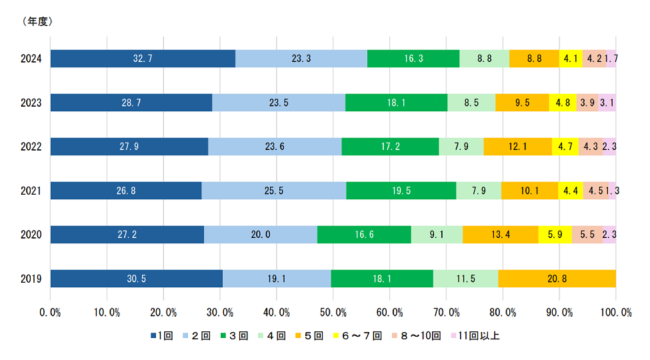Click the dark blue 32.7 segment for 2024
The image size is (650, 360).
pos(143,59)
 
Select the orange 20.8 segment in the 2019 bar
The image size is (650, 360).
pos(557,279)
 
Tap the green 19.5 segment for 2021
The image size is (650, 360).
pos(401,191)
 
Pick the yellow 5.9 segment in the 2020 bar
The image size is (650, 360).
pos(555,235)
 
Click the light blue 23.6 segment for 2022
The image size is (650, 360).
pos(275,147)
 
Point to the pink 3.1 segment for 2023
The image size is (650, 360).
pos(607,103)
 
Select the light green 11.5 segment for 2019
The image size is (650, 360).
pos(465,279)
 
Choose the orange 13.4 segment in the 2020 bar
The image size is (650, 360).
pos(500,235)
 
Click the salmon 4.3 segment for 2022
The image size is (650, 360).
pos(590,147)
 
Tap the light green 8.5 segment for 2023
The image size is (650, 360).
pos(471,103)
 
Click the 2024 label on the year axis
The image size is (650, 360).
pos(31,59)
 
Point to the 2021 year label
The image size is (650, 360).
pos(31,191)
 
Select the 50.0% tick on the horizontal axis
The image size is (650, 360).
pos(333,313)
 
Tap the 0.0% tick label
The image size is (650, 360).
pos(51,313)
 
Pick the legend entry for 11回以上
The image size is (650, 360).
pos(476,335)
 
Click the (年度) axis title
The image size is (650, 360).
pos(38,21)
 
